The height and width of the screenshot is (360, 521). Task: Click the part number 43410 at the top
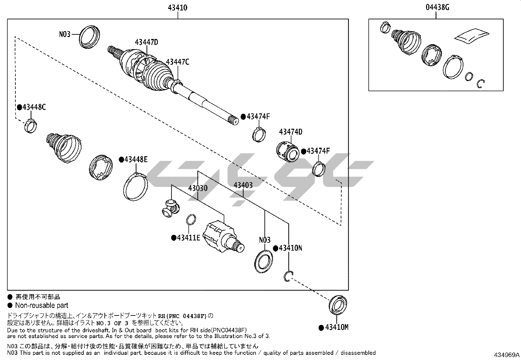(x=177, y=8)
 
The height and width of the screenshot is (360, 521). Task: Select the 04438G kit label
(x=437, y=8)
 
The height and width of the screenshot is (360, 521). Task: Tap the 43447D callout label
(x=147, y=42)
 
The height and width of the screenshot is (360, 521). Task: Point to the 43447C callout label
(x=177, y=62)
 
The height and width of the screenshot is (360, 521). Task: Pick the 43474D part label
(x=291, y=132)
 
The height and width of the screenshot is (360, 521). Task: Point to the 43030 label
(x=198, y=188)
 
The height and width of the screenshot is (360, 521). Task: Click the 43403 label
(x=243, y=185)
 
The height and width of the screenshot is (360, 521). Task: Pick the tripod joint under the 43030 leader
(x=171, y=208)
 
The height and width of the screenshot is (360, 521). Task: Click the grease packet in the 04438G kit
(x=472, y=36)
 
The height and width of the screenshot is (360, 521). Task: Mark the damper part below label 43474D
(x=288, y=152)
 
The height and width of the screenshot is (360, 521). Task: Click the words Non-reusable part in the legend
(x=42, y=305)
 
